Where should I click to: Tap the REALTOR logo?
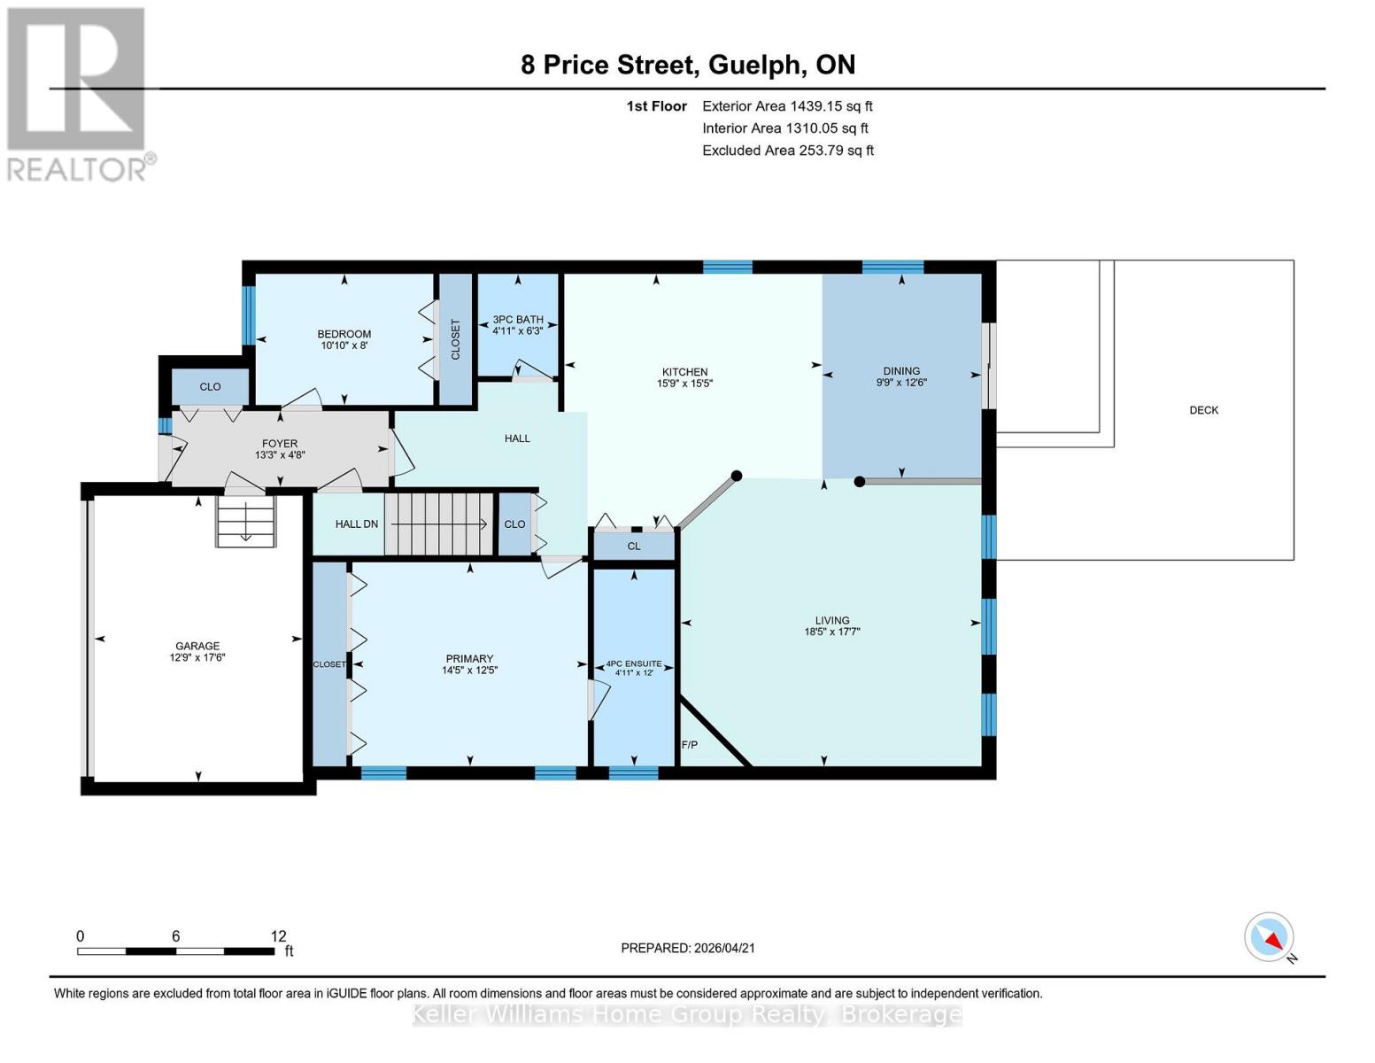[x=78, y=94]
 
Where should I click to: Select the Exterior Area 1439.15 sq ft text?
[x=787, y=106]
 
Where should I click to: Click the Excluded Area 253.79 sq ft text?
[x=787, y=151]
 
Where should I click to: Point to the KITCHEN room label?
[x=684, y=372]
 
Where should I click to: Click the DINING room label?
[x=901, y=371]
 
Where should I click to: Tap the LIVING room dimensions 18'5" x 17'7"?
[x=831, y=632]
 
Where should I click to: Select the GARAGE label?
[x=197, y=646]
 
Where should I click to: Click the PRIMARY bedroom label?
[x=469, y=658]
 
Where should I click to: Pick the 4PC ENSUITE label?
[x=633, y=663]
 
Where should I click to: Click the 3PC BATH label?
[x=518, y=320]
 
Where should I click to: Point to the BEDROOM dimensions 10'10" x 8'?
[x=344, y=345]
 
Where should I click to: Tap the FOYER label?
[x=279, y=444]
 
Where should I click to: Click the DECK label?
[x=1203, y=410]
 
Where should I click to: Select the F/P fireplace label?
[x=690, y=745]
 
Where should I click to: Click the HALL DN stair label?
[x=356, y=524]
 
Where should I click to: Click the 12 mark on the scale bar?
[x=278, y=936]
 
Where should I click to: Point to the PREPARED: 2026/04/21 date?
[x=687, y=948]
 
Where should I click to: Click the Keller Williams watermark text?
[x=687, y=1014]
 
